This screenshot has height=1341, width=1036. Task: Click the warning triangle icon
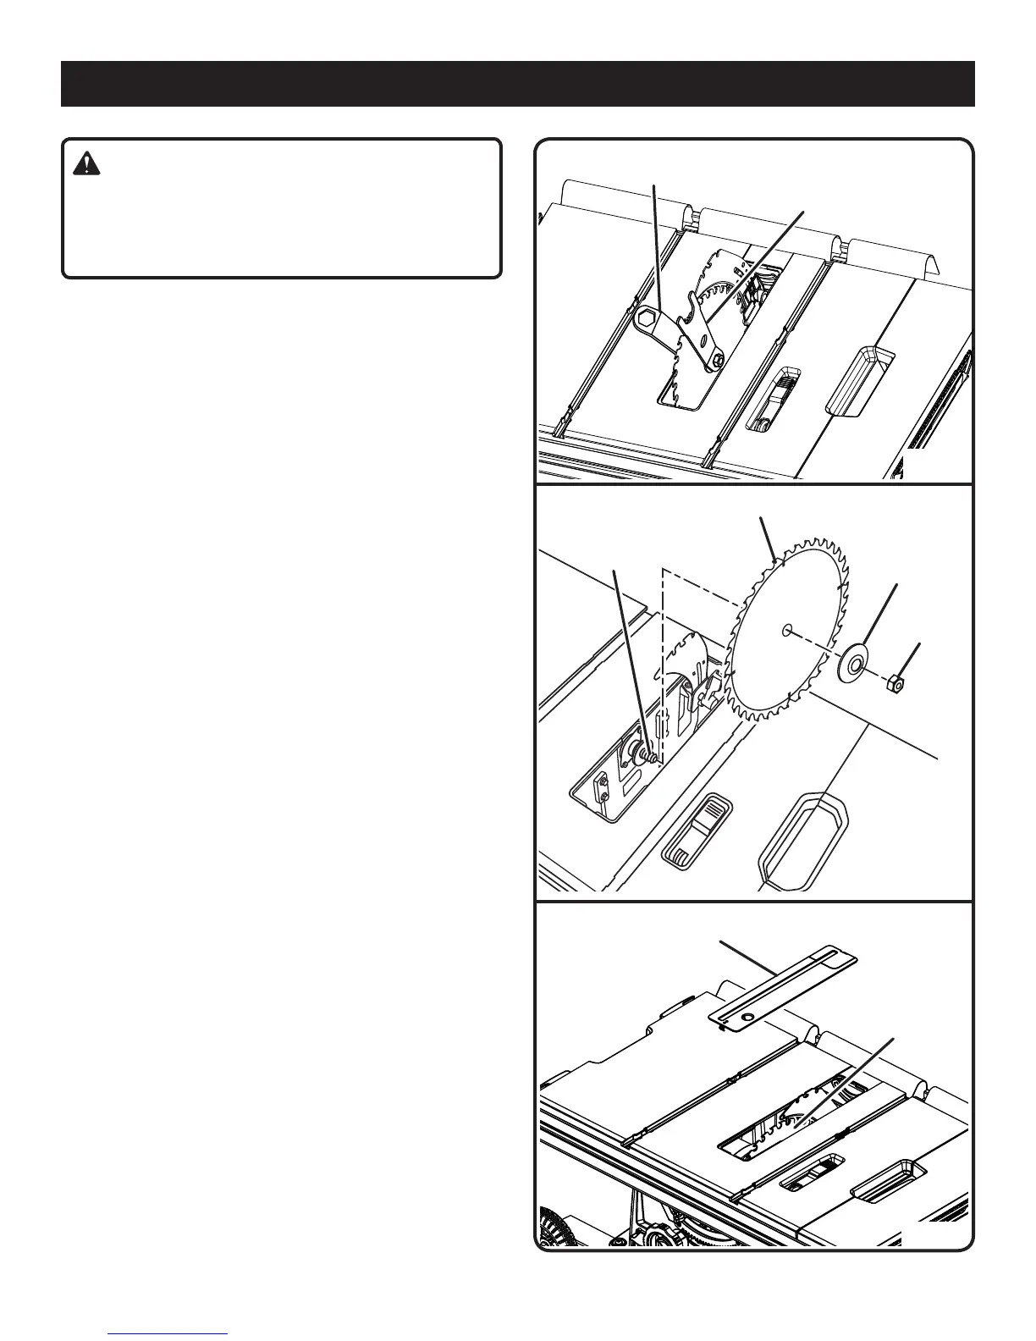pos(85,164)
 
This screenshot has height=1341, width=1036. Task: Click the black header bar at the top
pos(517,83)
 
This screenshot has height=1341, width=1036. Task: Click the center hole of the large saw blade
pos(788,628)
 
